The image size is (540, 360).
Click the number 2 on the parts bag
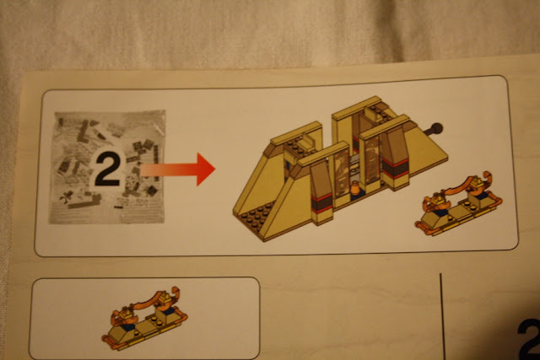107,169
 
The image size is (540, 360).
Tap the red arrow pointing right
178,169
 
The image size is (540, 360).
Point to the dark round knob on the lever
436,129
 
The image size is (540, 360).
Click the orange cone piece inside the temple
354,189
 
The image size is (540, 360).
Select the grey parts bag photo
107,167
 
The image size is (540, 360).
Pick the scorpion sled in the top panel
458,204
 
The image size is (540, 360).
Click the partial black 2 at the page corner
529,339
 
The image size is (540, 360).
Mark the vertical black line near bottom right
442,317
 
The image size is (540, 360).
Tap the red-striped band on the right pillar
395,168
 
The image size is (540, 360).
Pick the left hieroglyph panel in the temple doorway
341,175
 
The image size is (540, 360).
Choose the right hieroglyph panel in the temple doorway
371,160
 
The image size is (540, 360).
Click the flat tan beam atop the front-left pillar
323,153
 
